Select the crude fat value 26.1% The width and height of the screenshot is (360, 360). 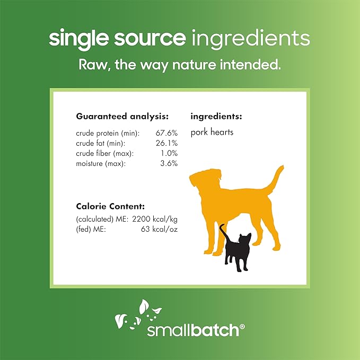coord(169,143)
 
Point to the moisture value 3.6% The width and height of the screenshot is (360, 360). coord(170,163)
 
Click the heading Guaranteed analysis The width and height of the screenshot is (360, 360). coord(122,116)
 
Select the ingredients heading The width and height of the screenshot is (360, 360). coord(216,116)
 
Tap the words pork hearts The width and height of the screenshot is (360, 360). coord(212,133)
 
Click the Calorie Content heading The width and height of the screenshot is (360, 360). coord(110,206)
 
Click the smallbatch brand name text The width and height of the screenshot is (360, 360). coord(195,329)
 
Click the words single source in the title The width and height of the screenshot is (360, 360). coord(117,39)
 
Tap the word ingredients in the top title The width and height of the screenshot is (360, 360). coord(250,39)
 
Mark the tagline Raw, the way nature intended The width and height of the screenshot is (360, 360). coord(180,65)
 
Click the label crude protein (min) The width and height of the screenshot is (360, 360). coord(108,133)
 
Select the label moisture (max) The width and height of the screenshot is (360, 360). coord(101,163)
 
